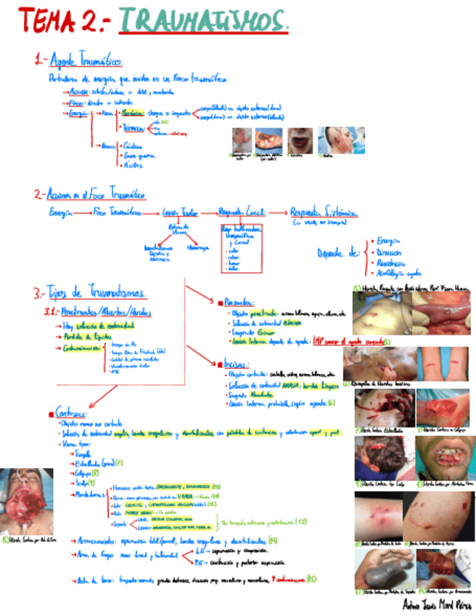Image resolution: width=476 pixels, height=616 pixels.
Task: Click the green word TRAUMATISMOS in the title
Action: click(203, 20)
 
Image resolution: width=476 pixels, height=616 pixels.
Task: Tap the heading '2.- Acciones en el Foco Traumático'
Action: click(90, 195)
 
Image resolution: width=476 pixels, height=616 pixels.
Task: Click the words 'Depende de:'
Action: click(338, 253)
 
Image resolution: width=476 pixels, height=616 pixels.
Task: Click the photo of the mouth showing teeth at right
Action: click(443, 457)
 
